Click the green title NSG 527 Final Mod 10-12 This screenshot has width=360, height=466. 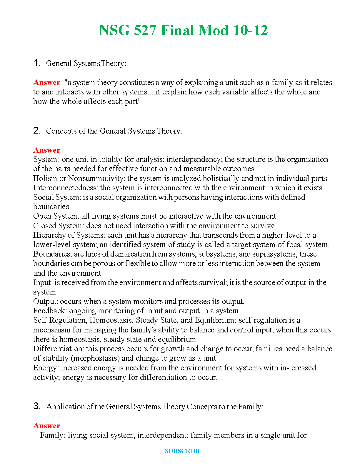point(183,30)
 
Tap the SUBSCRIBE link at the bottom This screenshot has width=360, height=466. point(183,451)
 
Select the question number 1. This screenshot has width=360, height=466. point(37,63)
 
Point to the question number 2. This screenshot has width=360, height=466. point(37,131)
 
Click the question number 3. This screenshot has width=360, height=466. point(37,406)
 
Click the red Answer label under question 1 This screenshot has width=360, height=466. point(47,82)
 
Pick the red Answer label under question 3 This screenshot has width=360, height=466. point(47,426)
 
